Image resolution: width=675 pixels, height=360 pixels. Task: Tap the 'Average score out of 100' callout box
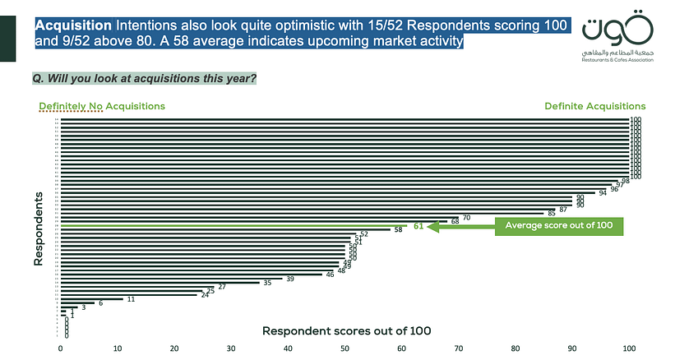(559, 225)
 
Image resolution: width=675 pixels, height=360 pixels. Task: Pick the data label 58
(399, 230)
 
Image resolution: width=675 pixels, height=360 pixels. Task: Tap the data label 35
(266, 283)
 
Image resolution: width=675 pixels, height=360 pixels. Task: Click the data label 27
(222, 287)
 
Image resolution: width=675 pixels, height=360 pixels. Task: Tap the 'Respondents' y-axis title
(39, 229)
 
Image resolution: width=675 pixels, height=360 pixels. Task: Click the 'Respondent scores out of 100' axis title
(346, 330)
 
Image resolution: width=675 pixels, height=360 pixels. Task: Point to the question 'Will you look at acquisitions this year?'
(143, 79)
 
